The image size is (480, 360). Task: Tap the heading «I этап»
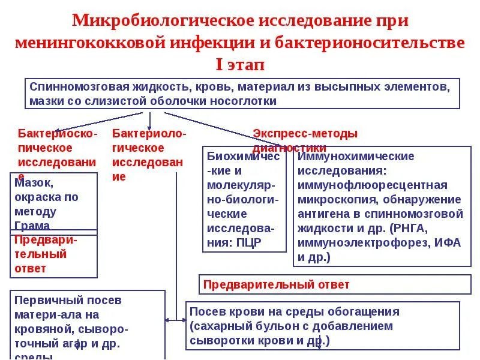tap(239, 64)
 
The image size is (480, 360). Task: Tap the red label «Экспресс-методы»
tap(305, 133)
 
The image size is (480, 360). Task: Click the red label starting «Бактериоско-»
tap(57, 133)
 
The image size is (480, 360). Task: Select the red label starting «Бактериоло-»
tap(149, 133)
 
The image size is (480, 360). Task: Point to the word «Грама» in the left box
tap(34, 226)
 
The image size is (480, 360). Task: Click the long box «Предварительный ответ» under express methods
tap(335, 284)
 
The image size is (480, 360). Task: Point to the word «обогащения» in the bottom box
tap(365, 312)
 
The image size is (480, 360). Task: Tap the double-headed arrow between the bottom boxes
tap(175, 320)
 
